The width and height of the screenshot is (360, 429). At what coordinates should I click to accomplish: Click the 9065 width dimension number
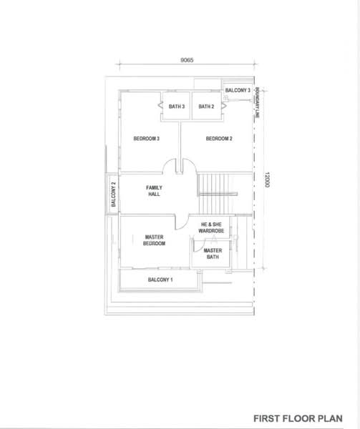tap(187, 60)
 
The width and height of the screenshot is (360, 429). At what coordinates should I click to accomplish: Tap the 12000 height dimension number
tap(267, 179)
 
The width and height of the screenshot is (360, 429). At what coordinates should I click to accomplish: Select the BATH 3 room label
tap(177, 106)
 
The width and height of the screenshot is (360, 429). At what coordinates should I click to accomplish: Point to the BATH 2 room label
tap(206, 106)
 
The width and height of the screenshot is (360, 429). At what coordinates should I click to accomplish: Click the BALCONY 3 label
tap(238, 90)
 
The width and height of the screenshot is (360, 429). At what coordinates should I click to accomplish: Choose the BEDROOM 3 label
tap(147, 139)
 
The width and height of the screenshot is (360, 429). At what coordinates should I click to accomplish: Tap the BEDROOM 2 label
tap(219, 139)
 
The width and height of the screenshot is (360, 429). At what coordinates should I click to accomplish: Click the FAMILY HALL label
tap(154, 191)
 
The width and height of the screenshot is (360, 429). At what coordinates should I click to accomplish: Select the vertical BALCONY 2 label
tap(114, 194)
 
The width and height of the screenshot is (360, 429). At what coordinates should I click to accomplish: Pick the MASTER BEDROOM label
tap(154, 240)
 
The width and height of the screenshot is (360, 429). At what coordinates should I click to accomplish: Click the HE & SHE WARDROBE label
tap(211, 227)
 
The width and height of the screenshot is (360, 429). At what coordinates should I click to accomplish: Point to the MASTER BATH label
tap(213, 254)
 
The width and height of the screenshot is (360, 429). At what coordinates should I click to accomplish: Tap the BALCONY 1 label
tap(160, 280)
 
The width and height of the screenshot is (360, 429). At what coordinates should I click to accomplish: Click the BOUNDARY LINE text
tap(257, 102)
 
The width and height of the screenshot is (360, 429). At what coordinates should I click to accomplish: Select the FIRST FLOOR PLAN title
tap(298, 418)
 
